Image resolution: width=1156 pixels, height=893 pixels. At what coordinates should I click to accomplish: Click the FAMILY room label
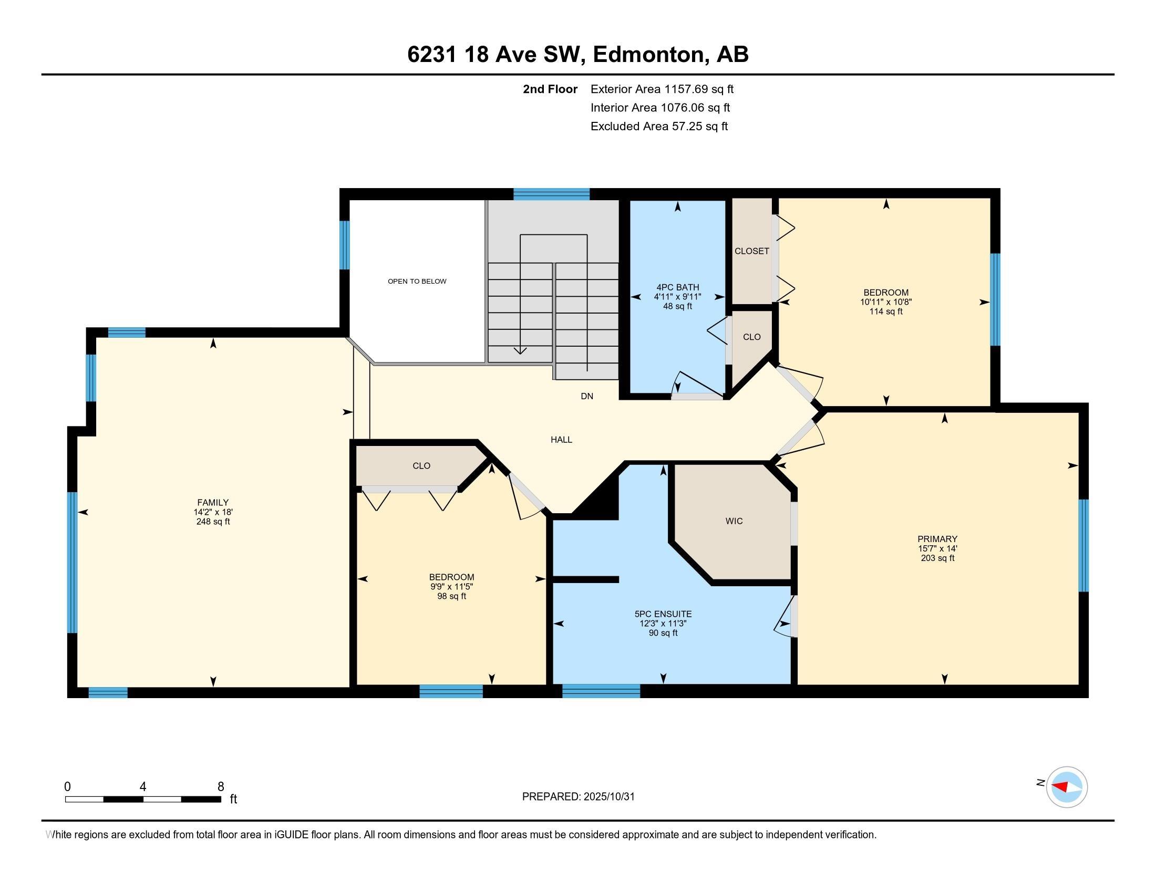(x=213, y=503)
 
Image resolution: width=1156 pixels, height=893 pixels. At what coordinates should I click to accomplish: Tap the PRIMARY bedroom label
(x=937, y=539)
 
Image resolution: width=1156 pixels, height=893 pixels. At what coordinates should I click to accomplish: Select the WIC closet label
(x=734, y=521)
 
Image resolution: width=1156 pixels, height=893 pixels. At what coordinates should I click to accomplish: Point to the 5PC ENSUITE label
(x=663, y=614)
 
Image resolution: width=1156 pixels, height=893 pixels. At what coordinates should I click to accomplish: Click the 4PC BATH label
(x=677, y=287)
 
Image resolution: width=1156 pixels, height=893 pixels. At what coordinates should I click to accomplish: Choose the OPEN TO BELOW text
(x=417, y=282)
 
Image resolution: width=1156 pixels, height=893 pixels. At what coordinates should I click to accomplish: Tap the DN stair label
(x=586, y=396)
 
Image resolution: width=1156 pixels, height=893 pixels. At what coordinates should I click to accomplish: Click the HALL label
(x=561, y=440)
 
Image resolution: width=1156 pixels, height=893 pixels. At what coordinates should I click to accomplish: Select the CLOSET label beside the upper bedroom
(x=751, y=251)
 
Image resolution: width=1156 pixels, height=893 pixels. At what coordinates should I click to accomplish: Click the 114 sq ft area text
(x=885, y=311)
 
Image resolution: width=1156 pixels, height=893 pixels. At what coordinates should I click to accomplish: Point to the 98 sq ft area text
(x=451, y=596)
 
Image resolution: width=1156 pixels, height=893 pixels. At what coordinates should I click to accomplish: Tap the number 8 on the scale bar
(x=221, y=786)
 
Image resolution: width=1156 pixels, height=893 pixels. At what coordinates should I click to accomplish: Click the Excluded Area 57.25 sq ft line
(x=659, y=127)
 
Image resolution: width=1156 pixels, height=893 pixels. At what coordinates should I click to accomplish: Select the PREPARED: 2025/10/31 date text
(x=578, y=797)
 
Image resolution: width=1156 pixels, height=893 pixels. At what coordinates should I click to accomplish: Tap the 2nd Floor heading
(x=550, y=89)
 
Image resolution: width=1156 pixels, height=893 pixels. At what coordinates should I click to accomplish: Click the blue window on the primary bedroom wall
(x=1083, y=545)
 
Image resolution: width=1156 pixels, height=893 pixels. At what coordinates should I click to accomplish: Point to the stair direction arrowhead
(x=520, y=350)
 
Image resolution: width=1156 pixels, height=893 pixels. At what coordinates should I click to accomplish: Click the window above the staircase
(x=551, y=194)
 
